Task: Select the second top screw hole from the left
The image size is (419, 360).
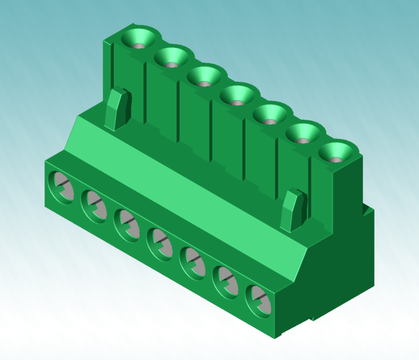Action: pos(172,58)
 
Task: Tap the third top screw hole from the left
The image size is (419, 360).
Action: pos(204,77)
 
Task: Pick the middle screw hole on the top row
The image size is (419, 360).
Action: pos(237,97)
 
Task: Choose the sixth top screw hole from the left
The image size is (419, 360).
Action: pos(303,135)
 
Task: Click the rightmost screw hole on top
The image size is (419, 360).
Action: pos(337,154)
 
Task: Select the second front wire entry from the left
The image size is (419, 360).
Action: pos(94,204)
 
